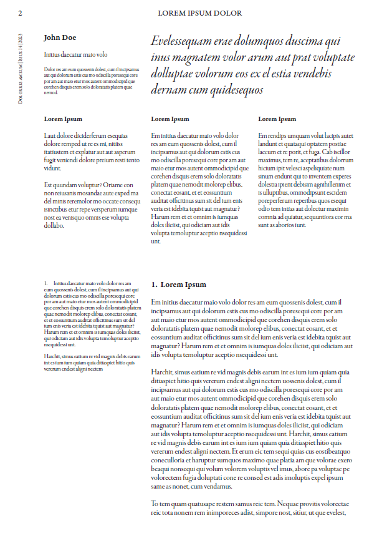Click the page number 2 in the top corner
(x=21, y=13)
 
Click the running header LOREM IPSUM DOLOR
(x=199, y=13)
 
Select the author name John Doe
(x=60, y=37)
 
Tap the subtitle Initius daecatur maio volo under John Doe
(x=75, y=55)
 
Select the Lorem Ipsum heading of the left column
(x=63, y=119)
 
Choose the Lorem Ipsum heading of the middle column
(x=170, y=119)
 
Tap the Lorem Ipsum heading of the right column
(x=277, y=119)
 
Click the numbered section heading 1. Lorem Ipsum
(x=178, y=285)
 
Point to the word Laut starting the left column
(x=50, y=135)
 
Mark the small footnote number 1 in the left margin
(x=45, y=283)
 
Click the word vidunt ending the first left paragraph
(x=53, y=168)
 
